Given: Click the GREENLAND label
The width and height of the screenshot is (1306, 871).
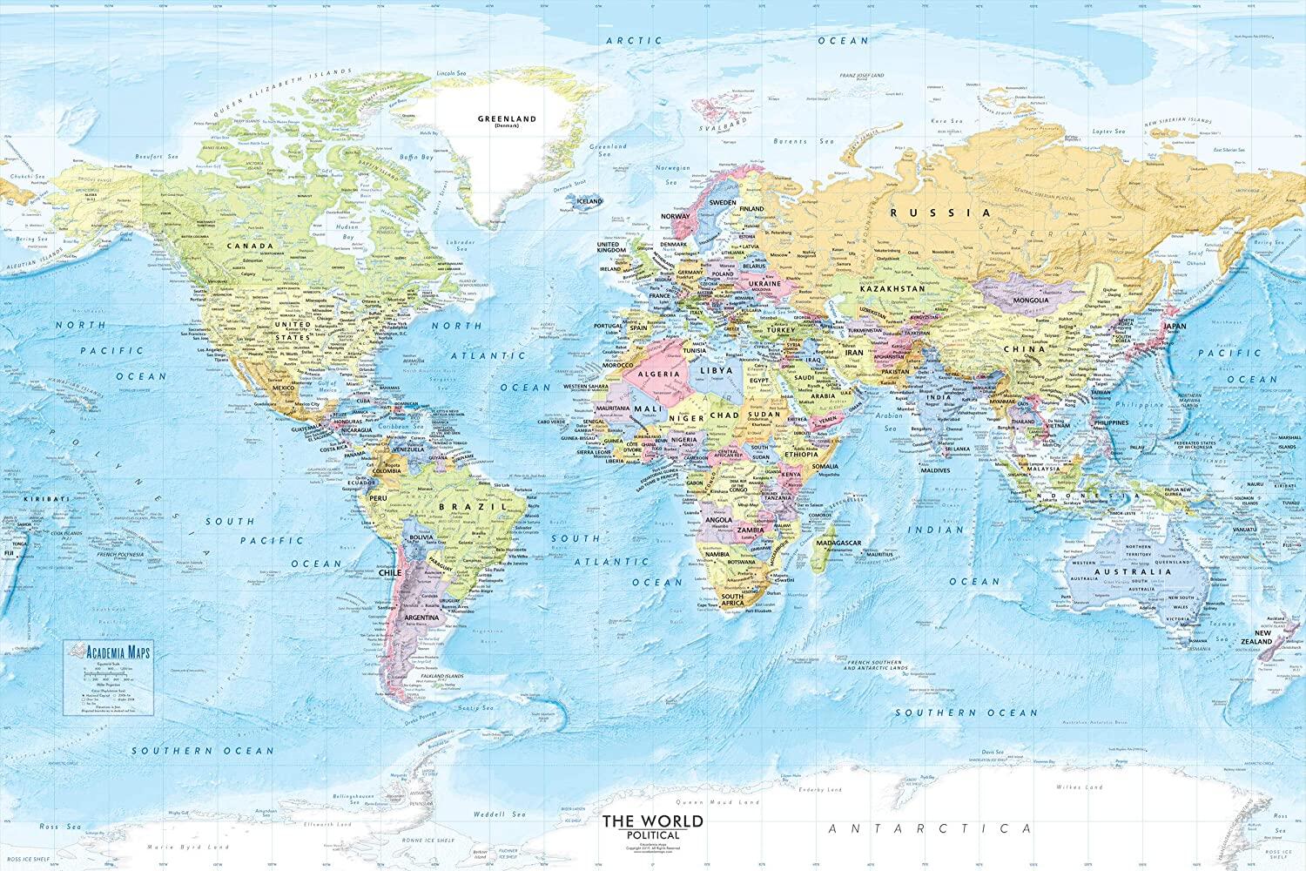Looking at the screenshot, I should pos(507,118).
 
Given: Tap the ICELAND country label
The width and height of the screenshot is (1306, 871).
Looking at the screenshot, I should pos(589,200).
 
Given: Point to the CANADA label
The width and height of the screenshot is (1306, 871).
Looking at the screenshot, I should pos(245,246).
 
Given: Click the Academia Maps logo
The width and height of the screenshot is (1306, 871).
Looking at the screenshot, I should pos(102,648).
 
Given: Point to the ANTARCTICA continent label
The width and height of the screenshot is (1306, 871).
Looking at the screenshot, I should pos(929,828).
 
